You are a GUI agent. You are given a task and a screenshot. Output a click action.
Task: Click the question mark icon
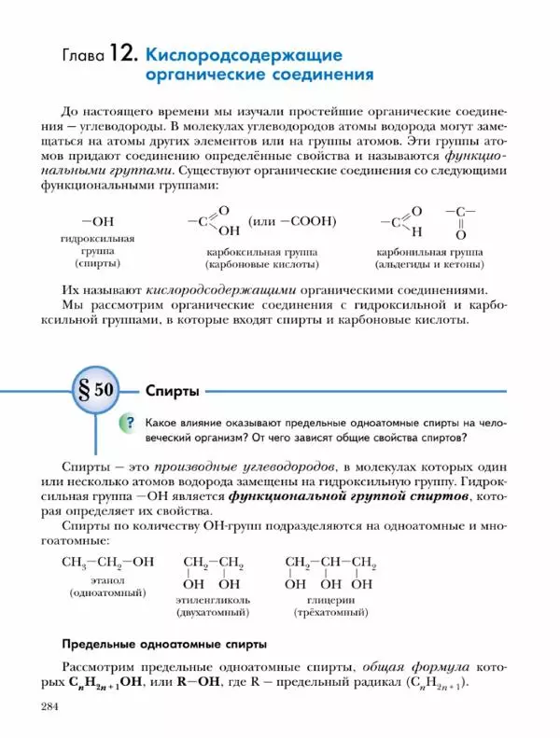[128, 424]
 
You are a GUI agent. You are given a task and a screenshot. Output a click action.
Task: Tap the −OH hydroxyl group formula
[98, 221]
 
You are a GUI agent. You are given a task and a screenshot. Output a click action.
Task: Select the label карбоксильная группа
[261, 252]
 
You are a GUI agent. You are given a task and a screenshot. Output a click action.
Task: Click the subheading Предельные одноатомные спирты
[164, 643]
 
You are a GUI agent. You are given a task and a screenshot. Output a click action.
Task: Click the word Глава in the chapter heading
[81, 55]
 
